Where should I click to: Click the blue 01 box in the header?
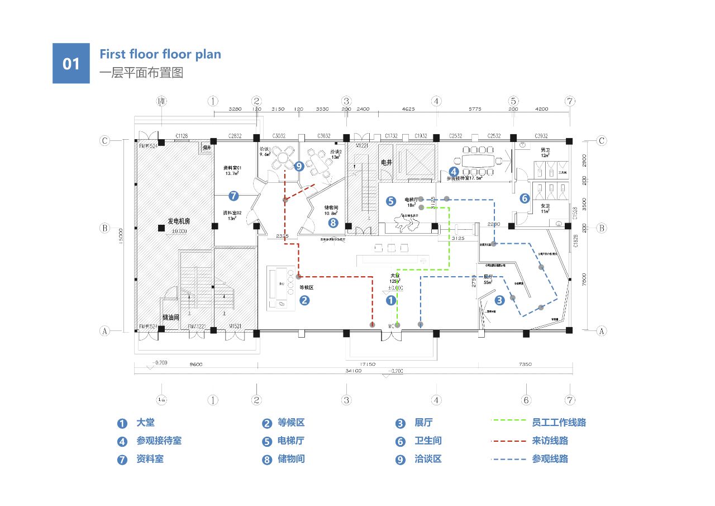pos(71,63)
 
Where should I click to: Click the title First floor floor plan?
pos(160,54)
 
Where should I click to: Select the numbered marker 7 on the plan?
pos(233,196)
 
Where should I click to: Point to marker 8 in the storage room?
pos(333,223)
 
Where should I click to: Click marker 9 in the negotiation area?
pos(298,166)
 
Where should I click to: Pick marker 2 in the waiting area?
pos(304,300)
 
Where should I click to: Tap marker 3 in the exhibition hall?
pos(499,300)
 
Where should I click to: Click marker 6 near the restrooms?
pos(525,198)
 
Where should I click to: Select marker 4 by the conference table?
pos(454,172)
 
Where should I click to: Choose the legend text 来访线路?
pos(550,441)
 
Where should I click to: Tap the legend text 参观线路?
pos(550,458)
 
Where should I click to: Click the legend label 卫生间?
pos(427,441)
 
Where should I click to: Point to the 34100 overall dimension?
pos(353,371)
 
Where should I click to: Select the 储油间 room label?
pos(170,317)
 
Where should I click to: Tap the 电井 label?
pos(387,162)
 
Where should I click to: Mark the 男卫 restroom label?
pos(546,150)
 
